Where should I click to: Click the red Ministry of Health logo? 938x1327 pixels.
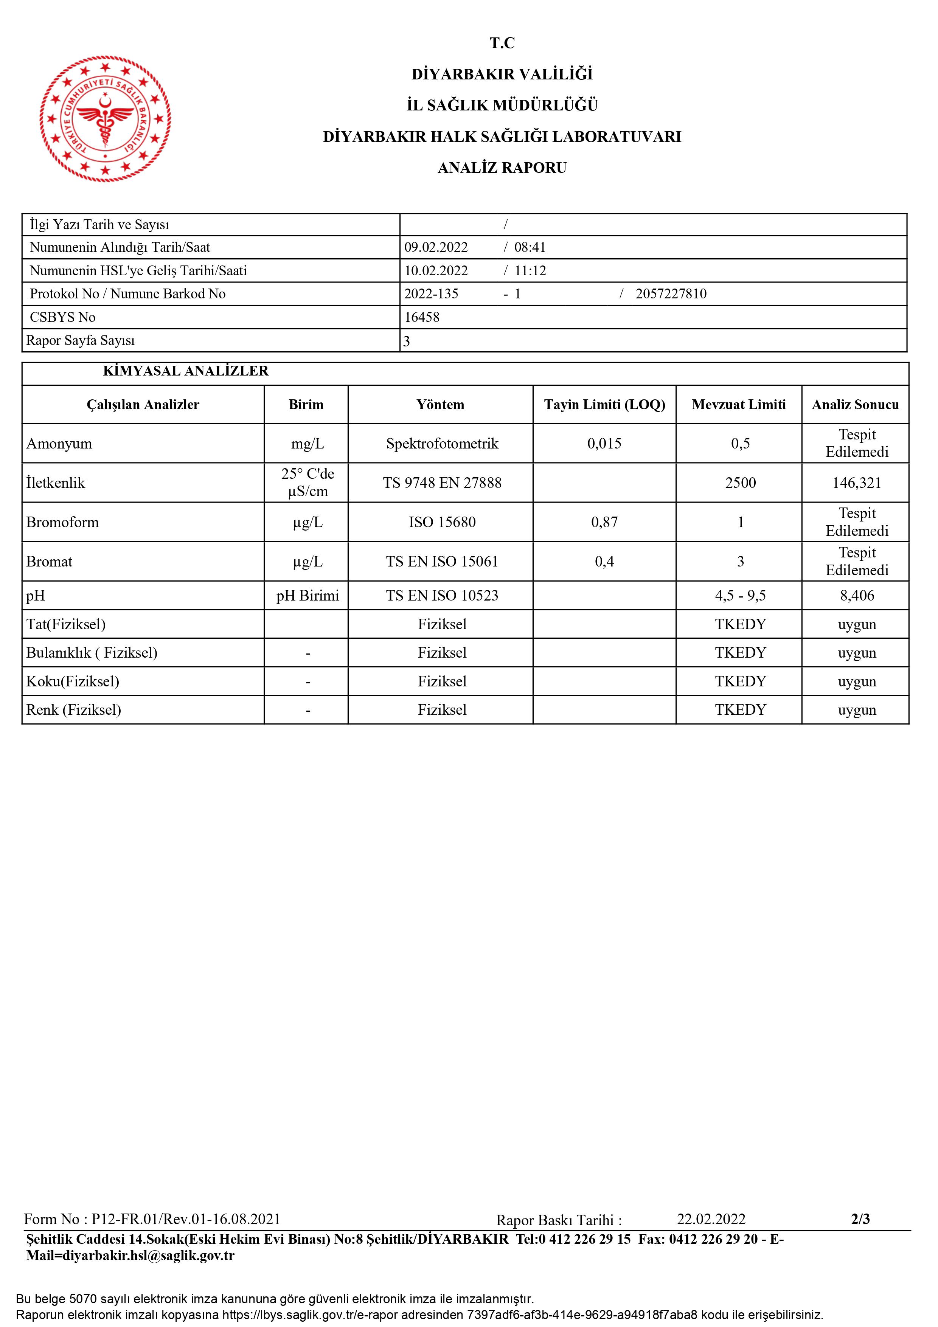[105, 119]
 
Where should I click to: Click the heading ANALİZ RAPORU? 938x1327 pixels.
[502, 168]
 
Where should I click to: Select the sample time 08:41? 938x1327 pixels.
[530, 247]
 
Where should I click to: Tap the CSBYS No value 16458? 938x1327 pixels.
[422, 317]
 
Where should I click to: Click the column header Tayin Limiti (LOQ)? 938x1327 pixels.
[604, 405]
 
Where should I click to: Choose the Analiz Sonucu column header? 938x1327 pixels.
[855, 405]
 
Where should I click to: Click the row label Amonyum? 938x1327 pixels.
[59, 444]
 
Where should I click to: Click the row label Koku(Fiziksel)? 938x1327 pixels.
[73, 681]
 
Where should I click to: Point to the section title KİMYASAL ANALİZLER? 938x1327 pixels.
[185, 371]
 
